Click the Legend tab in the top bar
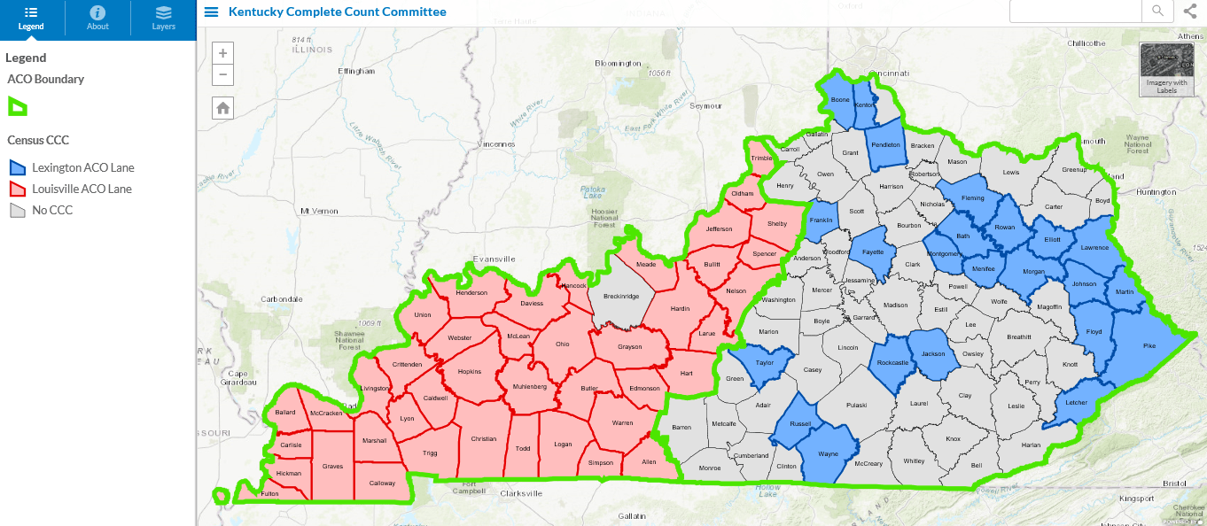[x=31, y=18]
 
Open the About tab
[x=97, y=18]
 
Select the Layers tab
[x=163, y=18]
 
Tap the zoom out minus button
[x=222, y=75]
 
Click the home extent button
[x=222, y=108]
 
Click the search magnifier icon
[x=1157, y=11]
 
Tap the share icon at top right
[x=1190, y=11]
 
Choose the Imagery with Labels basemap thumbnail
[x=1166, y=68]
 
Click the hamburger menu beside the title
[x=211, y=12]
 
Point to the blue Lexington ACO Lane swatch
[x=18, y=167]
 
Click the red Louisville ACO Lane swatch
[x=18, y=189]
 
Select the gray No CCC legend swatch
[x=18, y=210]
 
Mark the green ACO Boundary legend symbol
[x=18, y=107]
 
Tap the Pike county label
[x=1149, y=345]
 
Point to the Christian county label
[x=484, y=439]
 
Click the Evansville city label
[x=494, y=259]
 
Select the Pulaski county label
[x=856, y=405]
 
